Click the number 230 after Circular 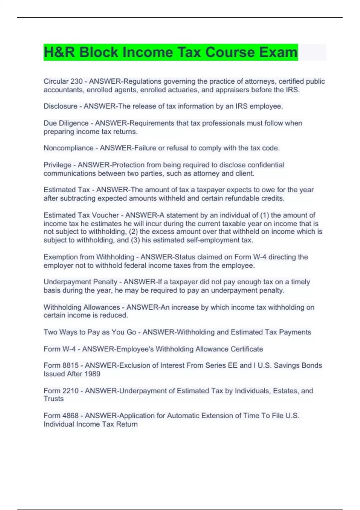[x=76, y=81]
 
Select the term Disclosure [x=60, y=106]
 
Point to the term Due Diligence [x=66, y=123]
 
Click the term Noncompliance [x=68, y=148]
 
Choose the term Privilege [x=57, y=165]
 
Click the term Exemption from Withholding [x=89, y=257]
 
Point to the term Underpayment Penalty [x=80, y=282]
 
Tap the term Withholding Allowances [x=82, y=307]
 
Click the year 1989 [x=92, y=374]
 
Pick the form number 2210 [x=70, y=391]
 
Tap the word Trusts [x=54, y=399]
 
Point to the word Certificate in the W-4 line [x=246, y=349]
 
